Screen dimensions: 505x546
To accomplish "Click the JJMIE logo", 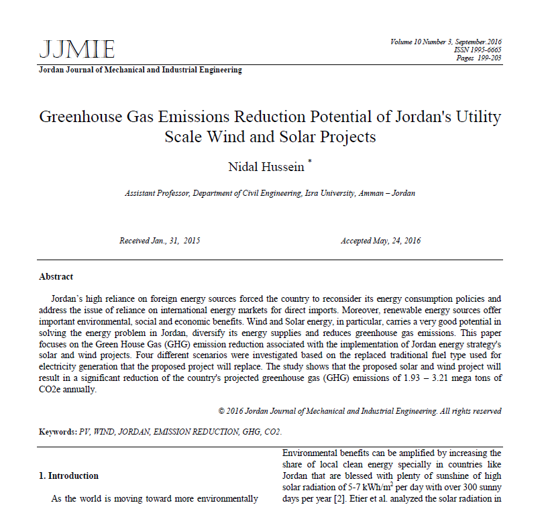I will (x=77, y=49).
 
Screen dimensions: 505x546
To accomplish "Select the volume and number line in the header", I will (x=445, y=42).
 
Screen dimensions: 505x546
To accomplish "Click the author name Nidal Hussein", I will (x=266, y=166).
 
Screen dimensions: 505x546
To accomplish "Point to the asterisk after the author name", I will (x=309, y=161).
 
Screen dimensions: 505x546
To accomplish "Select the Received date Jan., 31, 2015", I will (x=160, y=241).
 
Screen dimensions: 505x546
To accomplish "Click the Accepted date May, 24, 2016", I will (x=380, y=241).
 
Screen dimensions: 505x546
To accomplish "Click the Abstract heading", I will (x=56, y=277).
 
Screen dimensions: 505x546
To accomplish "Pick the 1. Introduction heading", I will (x=68, y=475).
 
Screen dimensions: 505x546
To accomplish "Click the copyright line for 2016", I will (x=360, y=411).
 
